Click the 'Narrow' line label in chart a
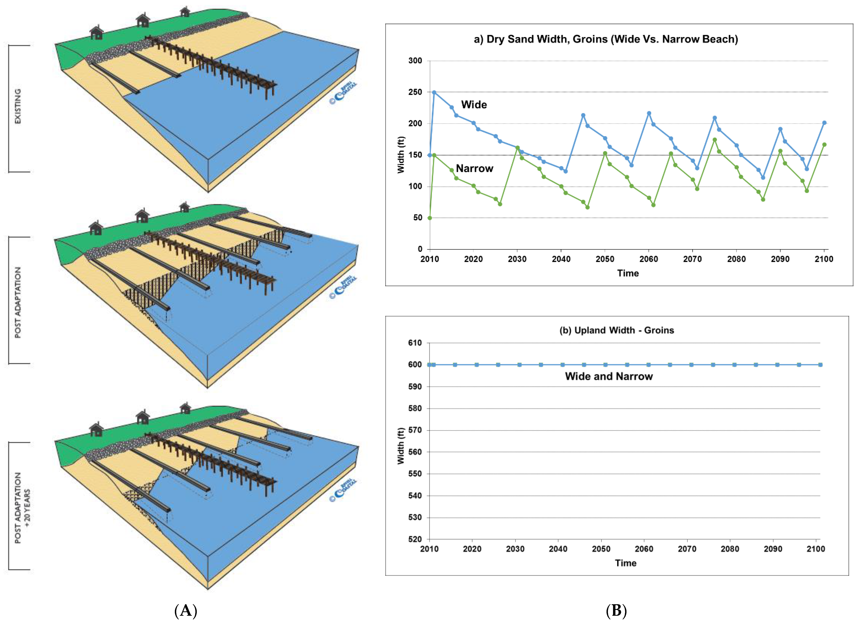474,168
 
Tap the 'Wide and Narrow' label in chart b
608,376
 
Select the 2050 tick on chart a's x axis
605,259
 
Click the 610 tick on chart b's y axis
415,343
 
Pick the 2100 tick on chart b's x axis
816,549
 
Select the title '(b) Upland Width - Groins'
617,330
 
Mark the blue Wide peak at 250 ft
434,92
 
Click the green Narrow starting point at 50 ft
430,218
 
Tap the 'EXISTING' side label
18,106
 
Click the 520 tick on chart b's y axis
415,539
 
